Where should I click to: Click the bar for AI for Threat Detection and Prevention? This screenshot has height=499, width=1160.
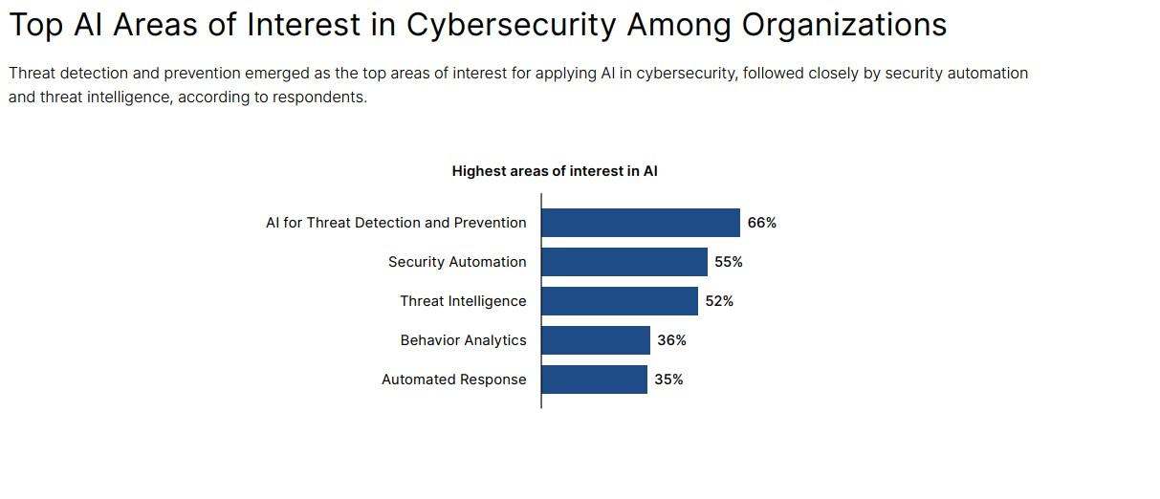click(641, 223)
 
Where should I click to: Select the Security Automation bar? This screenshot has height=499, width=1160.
click(624, 262)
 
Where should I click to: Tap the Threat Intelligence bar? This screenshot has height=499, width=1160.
click(620, 301)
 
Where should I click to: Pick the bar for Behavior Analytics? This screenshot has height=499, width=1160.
click(596, 340)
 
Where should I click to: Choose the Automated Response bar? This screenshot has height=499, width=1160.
click(594, 380)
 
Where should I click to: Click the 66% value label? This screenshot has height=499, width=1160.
click(762, 223)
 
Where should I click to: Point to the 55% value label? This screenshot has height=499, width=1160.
click(729, 262)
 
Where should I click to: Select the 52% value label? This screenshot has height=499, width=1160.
click(719, 301)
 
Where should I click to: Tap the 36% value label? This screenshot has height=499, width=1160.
click(671, 340)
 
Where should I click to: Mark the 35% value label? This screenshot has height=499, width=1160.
click(668, 380)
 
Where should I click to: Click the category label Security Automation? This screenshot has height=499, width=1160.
click(457, 262)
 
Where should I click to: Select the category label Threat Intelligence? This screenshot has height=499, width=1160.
click(463, 301)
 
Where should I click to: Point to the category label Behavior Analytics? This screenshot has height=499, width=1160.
click(463, 340)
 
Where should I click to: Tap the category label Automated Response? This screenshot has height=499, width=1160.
click(453, 380)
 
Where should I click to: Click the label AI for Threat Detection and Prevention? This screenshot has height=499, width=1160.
click(396, 223)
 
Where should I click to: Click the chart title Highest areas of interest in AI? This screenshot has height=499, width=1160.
click(555, 171)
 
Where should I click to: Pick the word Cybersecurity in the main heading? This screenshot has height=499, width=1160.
click(511, 25)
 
